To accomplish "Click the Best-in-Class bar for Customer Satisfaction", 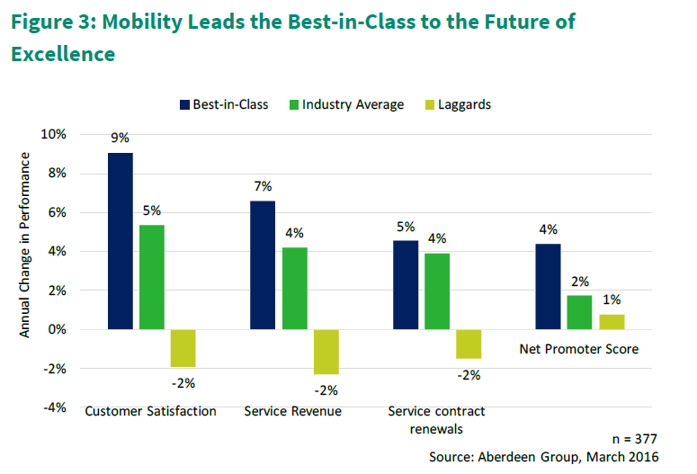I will coord(121,241).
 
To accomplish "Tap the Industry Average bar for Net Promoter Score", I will coord(578,312).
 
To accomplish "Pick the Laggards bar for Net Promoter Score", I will coord(612,322).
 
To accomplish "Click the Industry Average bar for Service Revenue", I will coord(294,289).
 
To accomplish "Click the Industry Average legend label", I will coord(353,104).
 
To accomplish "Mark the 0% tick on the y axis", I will coord(58,330).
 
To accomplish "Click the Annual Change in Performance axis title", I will coord(25,245).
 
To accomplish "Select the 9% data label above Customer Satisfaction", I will coord(120,139).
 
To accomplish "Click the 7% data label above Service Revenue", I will coord(263,186).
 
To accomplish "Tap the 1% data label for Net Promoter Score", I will coord(612,300).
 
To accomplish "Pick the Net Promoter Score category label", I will coord(579,349).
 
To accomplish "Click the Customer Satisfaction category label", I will coord(150,411).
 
